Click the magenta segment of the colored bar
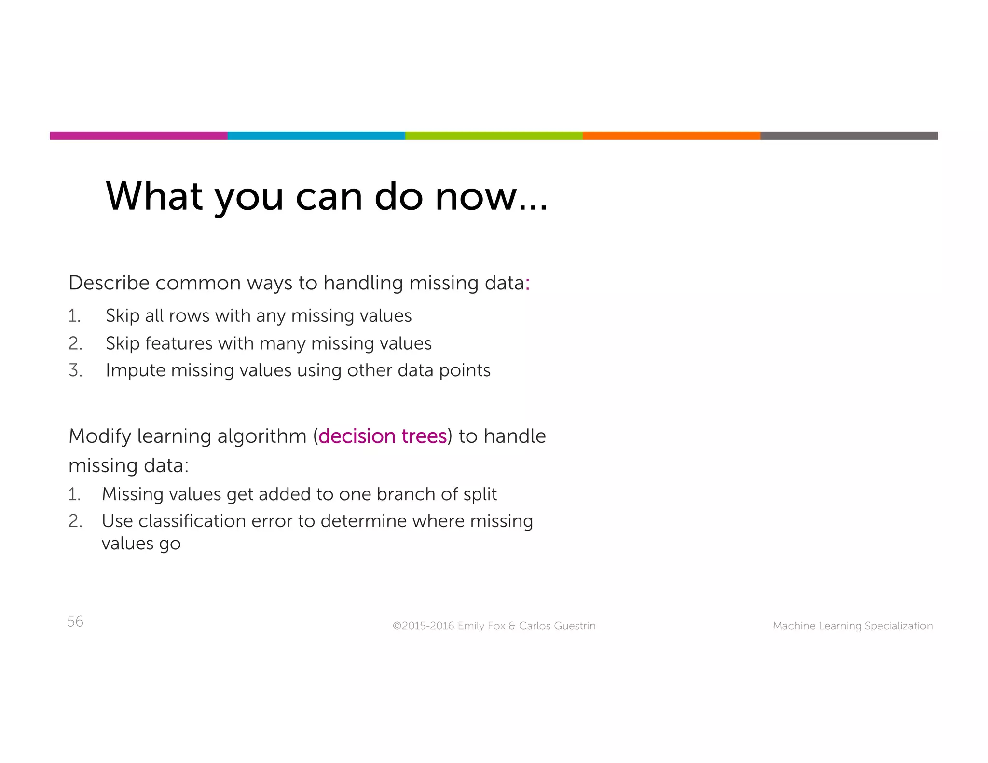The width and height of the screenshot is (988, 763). click(x=138, y=136)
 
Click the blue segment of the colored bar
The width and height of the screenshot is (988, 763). click(x=316, y=136)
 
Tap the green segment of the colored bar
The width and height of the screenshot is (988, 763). click(x=494, y=136)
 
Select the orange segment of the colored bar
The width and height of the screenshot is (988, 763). click(x=671, y=136)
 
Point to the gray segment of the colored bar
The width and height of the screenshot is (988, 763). click(x=849, y=136)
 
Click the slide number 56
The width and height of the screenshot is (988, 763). click(x=75, y=621)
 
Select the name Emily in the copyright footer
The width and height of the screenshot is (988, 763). click(x=471, y=626)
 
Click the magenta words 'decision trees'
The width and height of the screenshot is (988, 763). click(x=383, y=436)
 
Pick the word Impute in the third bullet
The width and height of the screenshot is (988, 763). click(x=136, y=370)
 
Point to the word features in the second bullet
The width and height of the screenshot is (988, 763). click(x=178, y=343)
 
